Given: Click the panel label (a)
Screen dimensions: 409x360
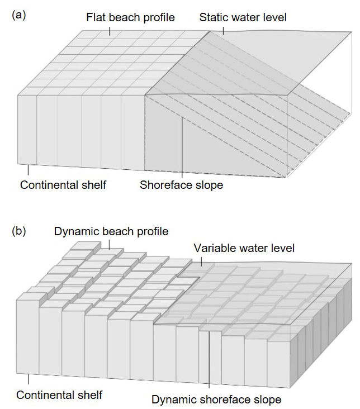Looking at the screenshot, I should coord(18,15).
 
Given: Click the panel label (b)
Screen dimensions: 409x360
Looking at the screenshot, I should coord(18,231).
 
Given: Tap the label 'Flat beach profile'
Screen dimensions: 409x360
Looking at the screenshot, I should coord(130,17).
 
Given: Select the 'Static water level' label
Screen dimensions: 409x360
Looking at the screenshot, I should coord(243,17).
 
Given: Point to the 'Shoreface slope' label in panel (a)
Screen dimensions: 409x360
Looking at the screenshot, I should coord(181,185).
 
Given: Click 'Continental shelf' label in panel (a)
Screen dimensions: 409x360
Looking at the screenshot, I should coord(63,185).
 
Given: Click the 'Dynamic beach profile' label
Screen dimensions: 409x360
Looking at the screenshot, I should coord(111,231).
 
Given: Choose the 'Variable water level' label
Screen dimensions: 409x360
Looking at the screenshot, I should coord(244,248).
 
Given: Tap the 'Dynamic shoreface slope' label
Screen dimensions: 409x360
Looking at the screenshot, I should coord(216,400).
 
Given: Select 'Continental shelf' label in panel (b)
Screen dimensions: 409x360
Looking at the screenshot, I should coord(59,395).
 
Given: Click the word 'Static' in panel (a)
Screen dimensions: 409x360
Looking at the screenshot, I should coord(214,17).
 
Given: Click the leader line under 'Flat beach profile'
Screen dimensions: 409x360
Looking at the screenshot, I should coord(110,30).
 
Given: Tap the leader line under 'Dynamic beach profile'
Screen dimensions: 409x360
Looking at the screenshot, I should coord(110,244).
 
